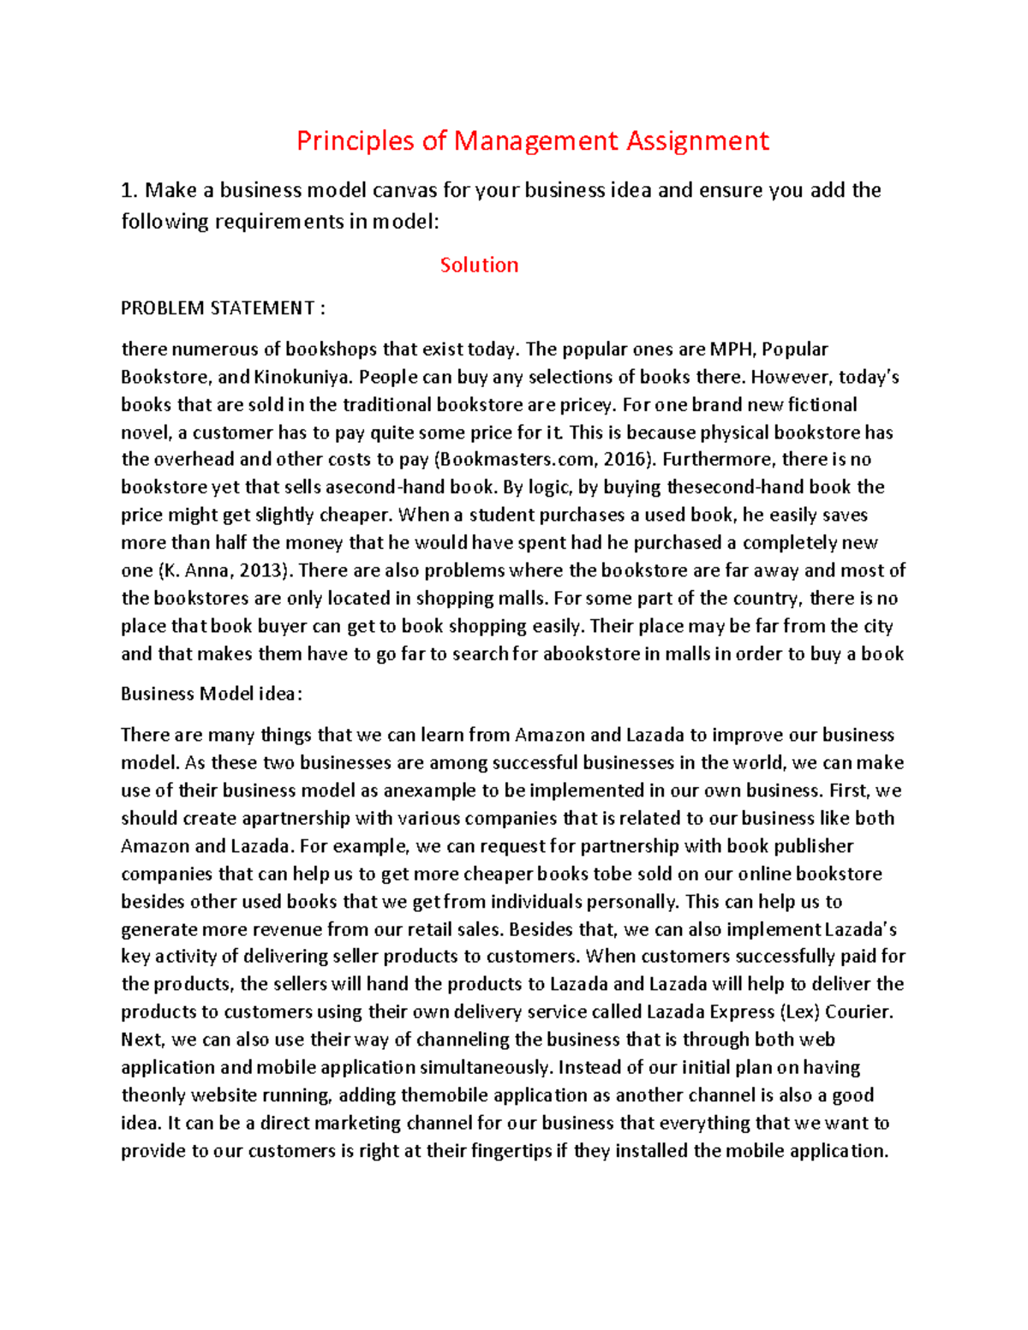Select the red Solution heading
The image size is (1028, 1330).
pyautogui.click(x=479, y=265)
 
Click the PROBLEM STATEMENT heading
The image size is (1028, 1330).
pyautogui.click(x=223, y=308)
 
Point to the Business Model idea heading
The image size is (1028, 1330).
pyautogui.click(x=212, y=694)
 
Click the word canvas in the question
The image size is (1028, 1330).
pyautogui.click(x=404, y=190)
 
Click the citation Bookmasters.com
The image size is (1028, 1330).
pyautogui.click(x=512, y=460)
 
